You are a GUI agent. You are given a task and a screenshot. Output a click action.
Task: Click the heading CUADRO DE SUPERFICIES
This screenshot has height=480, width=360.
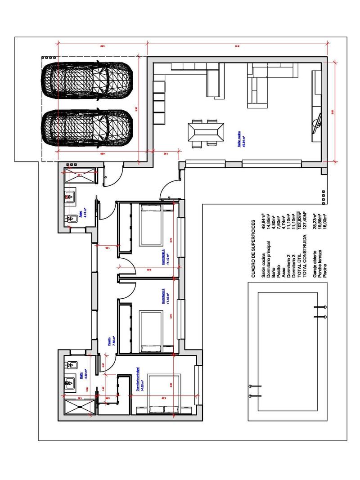click(253, 247)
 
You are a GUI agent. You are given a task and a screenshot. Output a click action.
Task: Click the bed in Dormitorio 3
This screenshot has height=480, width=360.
click(156, 225)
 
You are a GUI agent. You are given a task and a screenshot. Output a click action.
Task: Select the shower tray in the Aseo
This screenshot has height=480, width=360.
click(81, 177)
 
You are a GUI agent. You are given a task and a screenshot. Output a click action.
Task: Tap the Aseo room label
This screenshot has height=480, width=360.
click(81, 215)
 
